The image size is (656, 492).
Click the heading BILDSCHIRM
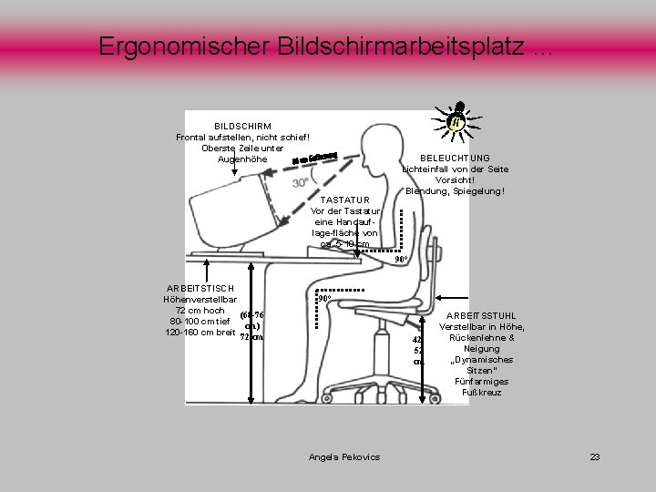point(241,125)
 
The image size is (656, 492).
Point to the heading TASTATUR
point(345,200)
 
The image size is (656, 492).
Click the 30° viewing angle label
point(300,183)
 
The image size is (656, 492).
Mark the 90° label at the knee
point(323,298)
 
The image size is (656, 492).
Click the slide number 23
point(594,456)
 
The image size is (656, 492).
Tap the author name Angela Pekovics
point(344,456)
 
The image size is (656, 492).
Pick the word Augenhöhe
point(242,159)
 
